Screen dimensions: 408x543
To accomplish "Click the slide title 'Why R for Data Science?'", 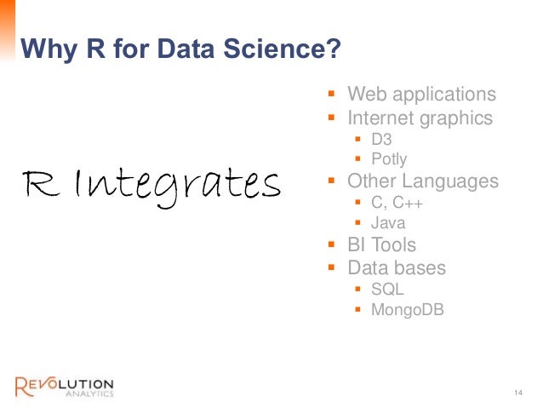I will [180, 49].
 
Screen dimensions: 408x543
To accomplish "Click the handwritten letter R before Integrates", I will [43, 181].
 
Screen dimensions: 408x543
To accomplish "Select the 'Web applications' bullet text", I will [421, 95].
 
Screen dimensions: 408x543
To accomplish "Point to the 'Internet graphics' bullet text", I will [420, 118].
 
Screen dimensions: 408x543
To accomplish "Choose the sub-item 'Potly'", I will [389, 159].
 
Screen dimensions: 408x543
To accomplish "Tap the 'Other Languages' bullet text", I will [422, 181].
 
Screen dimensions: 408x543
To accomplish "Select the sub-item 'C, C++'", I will [397, 204].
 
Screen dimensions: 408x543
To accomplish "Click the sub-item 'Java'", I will [387, 224].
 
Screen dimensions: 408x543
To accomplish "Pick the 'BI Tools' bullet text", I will [381, 245].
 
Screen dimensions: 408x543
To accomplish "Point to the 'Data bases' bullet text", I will [396, 268].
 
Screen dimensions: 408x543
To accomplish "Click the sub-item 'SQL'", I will [387, 290].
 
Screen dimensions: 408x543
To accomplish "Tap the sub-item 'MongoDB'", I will [407, 310].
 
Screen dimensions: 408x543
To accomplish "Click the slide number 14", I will [518, 392].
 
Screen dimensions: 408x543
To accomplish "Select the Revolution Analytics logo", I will [64, 385].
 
